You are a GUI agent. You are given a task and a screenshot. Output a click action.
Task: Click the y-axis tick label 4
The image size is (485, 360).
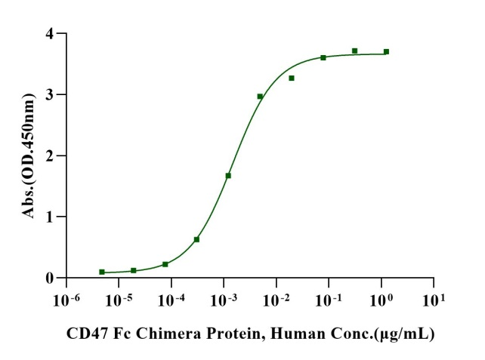pos(49,34)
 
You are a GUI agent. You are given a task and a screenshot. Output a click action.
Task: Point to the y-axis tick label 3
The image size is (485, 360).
pos(49,95)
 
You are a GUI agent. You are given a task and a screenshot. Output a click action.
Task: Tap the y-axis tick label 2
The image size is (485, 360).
pos(49,156)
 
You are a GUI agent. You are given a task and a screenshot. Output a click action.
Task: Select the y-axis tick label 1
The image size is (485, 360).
pos(49,217)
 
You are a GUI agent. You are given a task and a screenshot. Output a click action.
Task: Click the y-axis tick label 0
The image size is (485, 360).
pos(49,278)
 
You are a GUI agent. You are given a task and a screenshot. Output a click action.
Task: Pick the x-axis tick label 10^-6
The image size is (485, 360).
pos(63,300)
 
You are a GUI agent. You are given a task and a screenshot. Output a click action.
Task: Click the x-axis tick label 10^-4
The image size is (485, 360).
pos(168,300)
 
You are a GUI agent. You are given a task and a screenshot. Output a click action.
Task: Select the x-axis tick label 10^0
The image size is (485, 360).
pos(380,300)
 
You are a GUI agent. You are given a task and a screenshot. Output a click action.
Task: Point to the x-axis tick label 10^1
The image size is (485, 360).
pos(432,300)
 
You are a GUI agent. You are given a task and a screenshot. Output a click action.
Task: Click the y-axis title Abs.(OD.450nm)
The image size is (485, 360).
pos(29,156)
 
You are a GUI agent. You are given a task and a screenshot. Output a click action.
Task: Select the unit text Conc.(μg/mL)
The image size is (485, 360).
pos(394,333)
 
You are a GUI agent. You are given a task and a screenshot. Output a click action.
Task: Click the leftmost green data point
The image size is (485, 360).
pos(102,272)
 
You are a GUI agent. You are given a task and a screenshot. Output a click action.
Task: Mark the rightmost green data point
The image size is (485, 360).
pos(386,51)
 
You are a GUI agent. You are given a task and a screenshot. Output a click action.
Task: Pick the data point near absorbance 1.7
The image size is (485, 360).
pos(228,175)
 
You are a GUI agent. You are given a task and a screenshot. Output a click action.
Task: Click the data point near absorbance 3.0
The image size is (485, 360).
pos(260,97)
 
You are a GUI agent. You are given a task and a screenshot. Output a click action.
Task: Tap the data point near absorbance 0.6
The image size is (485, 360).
pos(196,239)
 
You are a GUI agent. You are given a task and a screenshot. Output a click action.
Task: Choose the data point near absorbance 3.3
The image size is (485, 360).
pos(292,78)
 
